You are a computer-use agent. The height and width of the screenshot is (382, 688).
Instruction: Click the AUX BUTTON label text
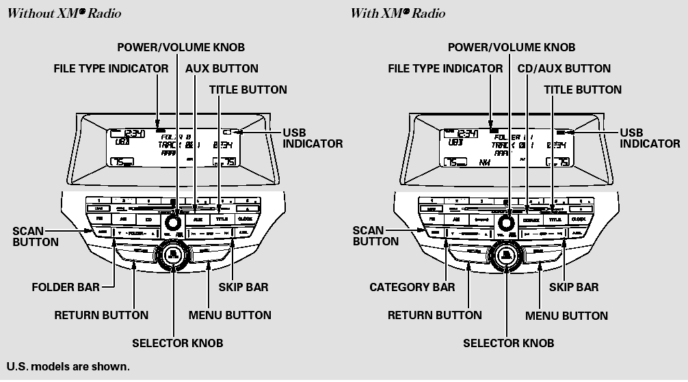pos(222,68)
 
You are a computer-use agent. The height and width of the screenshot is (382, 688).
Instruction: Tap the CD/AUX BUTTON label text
pos(564,68)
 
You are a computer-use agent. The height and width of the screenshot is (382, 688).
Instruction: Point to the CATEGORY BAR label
pos(412,287)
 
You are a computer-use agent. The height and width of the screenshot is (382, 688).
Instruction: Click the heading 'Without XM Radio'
pos(64,13)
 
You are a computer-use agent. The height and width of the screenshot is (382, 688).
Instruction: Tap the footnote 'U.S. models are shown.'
pos(68,367)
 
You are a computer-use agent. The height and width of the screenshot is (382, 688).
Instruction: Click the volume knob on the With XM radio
pos(506,222)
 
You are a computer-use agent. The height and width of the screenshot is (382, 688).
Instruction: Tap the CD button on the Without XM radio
pos(148,219)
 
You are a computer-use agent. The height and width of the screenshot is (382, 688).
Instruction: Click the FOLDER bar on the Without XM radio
pos(134,233)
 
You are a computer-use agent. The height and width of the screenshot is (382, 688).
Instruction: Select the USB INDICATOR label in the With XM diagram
pos(650,137)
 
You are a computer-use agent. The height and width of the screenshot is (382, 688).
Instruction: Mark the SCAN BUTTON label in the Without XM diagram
pos(36,236)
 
